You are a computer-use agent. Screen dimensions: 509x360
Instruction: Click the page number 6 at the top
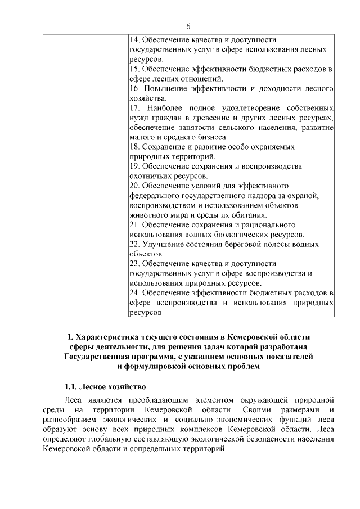tap(188, 26)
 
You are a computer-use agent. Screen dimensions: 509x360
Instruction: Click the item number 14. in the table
tap(135, 40)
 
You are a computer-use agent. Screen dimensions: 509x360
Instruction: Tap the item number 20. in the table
tap(135, 185)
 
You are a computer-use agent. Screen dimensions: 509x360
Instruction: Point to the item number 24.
tap(135, 293)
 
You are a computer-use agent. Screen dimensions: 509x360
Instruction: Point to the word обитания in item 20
tap(247, 214)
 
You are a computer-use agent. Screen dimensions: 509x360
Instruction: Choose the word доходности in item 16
tap(274, 88)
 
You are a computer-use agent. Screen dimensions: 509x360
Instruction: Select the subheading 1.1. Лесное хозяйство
tap(105, 387)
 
